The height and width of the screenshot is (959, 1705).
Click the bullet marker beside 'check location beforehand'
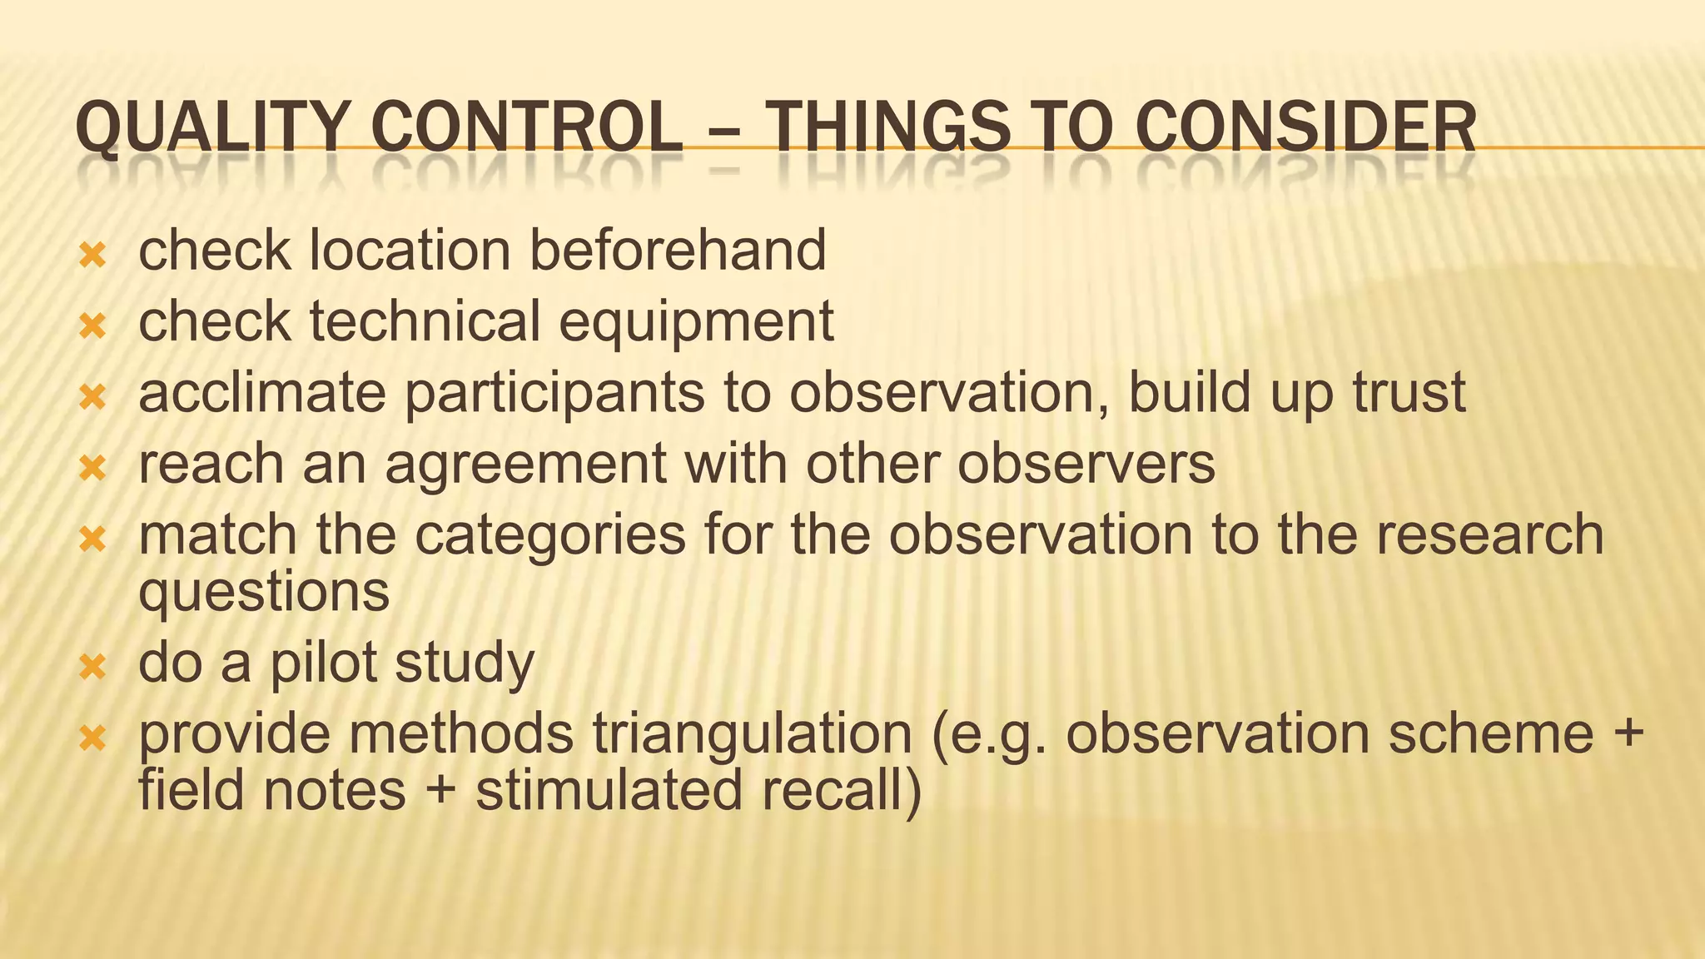point(92,255)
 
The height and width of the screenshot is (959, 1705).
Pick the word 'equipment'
point(696,323)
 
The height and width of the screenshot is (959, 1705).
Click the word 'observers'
point(1086,465)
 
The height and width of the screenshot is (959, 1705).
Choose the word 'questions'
point(264,593)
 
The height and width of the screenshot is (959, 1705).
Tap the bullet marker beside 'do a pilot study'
point(92,667)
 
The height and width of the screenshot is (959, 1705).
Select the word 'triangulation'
point(753,734)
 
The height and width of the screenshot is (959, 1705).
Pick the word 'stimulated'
point(609,791)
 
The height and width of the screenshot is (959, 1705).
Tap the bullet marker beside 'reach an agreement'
point(92,469)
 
